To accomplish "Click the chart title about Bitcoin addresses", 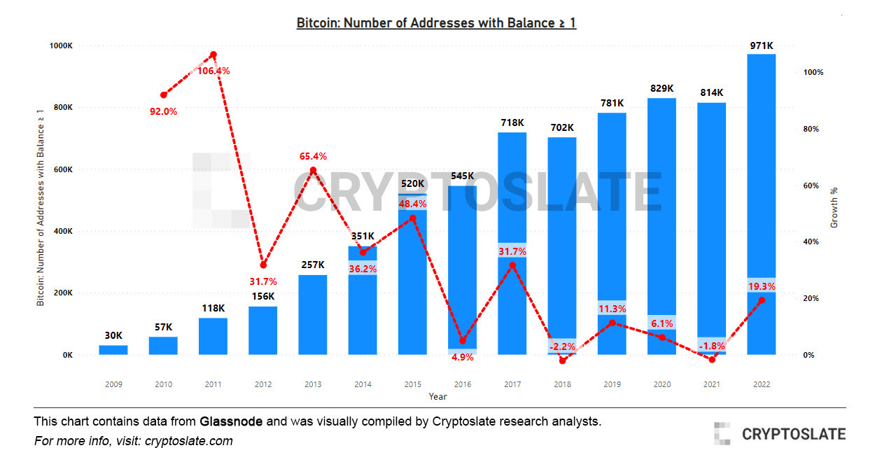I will pyautogui.click(x=436, y=23).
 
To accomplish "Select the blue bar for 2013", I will pyautogui.click(x=313, y=314).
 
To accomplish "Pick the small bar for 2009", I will pyautogui.click(x=113, y=349).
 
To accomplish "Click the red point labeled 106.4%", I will pyautogui.click(x=213, y=55).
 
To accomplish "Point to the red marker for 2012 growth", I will pyautogui.click(x=263, y=265).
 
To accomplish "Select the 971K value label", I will pyautogui.click(x=761, y=45).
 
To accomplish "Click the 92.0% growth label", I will pyautogui.click(x=164, y=111).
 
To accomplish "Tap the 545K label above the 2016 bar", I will pyautogui.click(x=462, y=176).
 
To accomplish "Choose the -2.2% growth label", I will pyautogui.click(x=562, y=346).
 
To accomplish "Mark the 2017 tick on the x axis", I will pyautogui.click(x=512, y=384).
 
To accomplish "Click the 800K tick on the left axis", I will pyautogui.click(x=62, y=108).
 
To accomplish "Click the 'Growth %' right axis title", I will pyautogui.click(x=834, y=208).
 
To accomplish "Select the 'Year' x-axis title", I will pyautogui.click(x=437, y=396).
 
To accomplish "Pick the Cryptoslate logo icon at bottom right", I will pyautogui.click(x=722, y=433).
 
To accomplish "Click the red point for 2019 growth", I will pyautogui.click(x=612, y=323).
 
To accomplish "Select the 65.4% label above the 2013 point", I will pyautogui.click(x=313, y=156).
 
